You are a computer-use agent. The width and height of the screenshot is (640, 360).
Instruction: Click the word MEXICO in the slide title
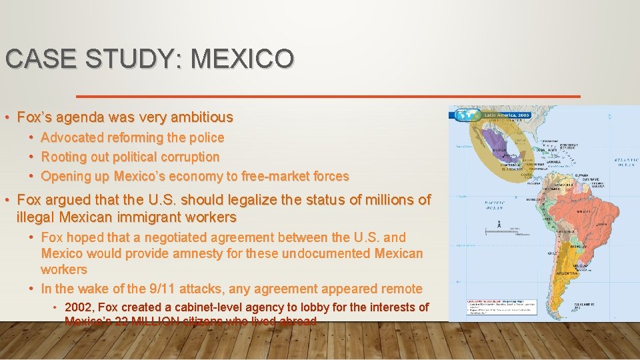point(242,59)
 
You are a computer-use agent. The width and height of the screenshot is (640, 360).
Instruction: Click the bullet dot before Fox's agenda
point(7,118)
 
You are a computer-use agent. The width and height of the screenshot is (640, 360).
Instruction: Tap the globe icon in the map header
point(467,115)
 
